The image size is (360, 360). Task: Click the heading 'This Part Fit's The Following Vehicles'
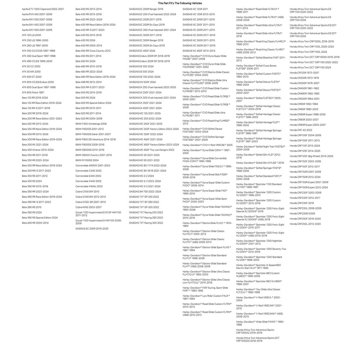[x=180, y=3]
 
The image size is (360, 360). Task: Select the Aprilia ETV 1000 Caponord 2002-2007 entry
[x=43, y=9]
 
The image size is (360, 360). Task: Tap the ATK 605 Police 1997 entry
[x=33, y=93]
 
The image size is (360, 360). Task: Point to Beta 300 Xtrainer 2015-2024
[x=38, y=150]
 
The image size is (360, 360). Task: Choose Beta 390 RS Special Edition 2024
[x=40, y=217]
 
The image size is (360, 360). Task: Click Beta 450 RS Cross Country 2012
[x=93, y=51]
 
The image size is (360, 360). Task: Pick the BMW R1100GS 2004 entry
[x=87, y=160]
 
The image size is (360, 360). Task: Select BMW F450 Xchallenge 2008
[x=91, y=124]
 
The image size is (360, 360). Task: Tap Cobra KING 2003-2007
[x=89, y=207]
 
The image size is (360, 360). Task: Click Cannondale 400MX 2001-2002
[x=93, y=165]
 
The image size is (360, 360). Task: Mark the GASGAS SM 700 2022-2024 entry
[x=145, y=192]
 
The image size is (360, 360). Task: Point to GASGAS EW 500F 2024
[x=142, y=82]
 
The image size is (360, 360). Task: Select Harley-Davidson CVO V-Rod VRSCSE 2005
[x=207, y=145]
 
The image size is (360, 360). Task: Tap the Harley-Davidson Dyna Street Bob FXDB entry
[x=205, y=176]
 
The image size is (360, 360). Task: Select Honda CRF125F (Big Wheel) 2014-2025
[x=311, y=156]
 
